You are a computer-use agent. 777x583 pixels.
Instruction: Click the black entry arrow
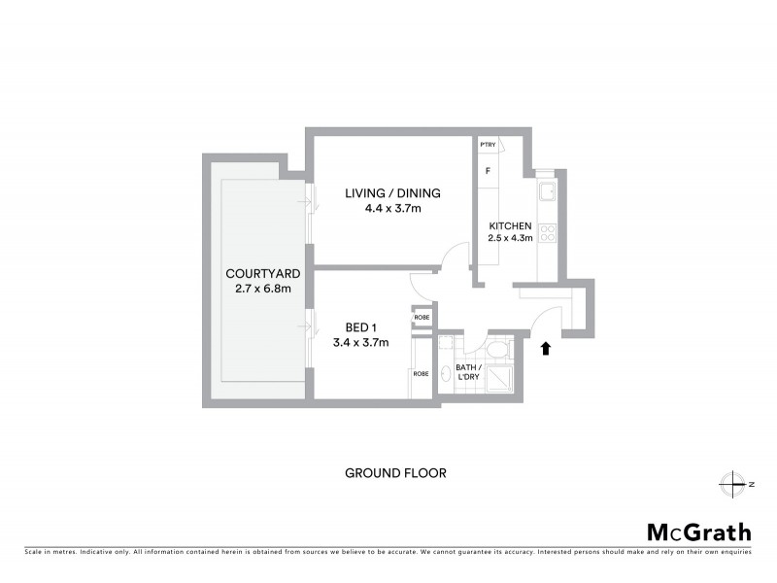coord(546,347)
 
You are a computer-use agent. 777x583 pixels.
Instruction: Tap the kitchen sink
coord(547,191)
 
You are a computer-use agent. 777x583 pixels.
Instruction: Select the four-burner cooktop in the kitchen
coord(547,232)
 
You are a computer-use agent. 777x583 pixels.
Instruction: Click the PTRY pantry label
coord(488,146)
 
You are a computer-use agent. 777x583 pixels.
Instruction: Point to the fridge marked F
coord(488,171)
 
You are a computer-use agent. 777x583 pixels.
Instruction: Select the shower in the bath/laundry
coord(496,378)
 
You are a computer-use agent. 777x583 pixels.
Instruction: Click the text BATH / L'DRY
coord(469,373)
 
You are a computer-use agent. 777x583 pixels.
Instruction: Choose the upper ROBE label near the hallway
coord(422,318)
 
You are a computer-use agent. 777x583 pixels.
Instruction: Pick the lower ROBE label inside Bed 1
coord(422,373)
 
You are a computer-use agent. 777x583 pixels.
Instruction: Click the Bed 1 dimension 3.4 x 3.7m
coord(361,342)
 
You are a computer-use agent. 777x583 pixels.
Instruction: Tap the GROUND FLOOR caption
coord(395,473)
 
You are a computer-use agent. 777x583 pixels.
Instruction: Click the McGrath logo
coord(698,532)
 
